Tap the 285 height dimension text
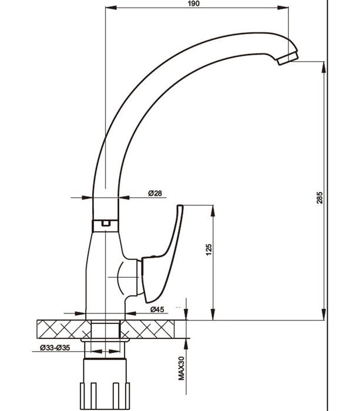tap(319, 199)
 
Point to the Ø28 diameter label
tap(155, 193)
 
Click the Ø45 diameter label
tap(157, 309)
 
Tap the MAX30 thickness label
tap(181, 369)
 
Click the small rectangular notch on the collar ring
tap(106, 223)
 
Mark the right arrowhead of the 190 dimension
tap(288, 8)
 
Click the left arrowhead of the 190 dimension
tap(106, 8)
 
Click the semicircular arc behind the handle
tap(120, 277)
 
